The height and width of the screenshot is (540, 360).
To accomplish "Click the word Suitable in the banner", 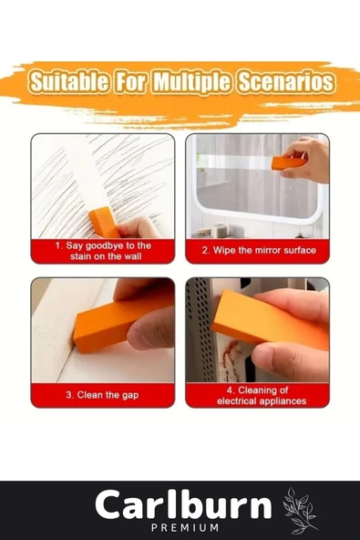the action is point(68,82).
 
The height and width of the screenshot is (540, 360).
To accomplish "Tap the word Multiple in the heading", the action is point(191,83).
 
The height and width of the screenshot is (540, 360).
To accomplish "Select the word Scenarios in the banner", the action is point(285,82).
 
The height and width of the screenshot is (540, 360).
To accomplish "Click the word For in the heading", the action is point(130,82).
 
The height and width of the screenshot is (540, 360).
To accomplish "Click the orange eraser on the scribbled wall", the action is point(104,223).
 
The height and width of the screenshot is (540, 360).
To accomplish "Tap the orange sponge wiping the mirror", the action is point(289,162).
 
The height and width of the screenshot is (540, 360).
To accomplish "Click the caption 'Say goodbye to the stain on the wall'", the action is point(103,251).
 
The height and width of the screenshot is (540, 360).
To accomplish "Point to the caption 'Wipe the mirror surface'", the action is point(259,250).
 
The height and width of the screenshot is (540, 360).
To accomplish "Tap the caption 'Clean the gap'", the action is point(102,395).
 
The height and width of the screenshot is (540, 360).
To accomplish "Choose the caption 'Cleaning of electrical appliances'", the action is point(262,396).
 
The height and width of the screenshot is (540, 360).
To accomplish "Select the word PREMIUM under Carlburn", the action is point(185,527).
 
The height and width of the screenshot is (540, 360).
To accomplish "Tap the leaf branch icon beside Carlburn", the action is point(299,510).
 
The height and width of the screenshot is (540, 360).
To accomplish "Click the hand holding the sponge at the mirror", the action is point(305,161).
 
